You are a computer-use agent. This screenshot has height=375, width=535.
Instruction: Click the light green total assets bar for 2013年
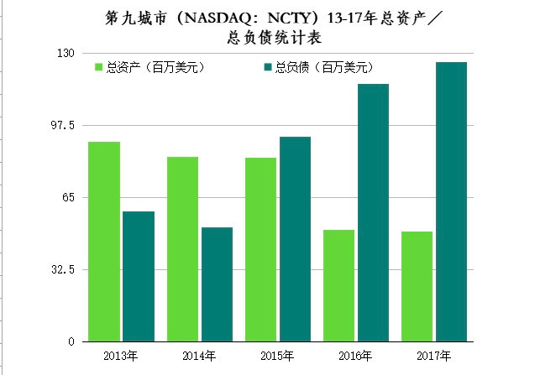[x=104, y=242]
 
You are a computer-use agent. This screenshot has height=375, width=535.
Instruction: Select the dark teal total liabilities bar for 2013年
[x=138, y=276]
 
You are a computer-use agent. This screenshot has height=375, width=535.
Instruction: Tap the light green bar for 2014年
[x=182, y=249]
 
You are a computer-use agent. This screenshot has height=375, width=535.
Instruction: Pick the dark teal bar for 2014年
[x=217, y=284]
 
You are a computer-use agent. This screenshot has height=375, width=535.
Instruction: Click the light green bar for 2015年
[x=260, y=249]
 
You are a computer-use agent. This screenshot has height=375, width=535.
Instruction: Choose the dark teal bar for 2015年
[x=295, y=239]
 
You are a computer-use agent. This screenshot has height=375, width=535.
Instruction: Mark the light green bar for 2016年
[x=338, y=285]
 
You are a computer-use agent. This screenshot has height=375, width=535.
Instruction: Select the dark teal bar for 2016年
[x=373, y=212]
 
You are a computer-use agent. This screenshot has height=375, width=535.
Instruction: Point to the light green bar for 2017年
[x=417, y=286]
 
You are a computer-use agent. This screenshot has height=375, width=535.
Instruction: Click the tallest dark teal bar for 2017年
[x=451, y=201]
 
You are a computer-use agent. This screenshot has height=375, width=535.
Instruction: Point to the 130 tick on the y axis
[x=66, y=53]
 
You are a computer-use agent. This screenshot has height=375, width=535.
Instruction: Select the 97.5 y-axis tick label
[x=63, y=125]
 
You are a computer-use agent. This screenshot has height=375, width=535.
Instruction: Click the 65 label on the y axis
[x=68, y=197]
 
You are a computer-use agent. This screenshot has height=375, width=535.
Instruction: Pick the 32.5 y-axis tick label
[x=63, y=269]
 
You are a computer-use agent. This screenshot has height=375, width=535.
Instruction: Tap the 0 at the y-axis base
[x=72, y=341]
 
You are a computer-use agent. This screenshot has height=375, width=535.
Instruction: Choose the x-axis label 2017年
[x=433, y=357]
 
